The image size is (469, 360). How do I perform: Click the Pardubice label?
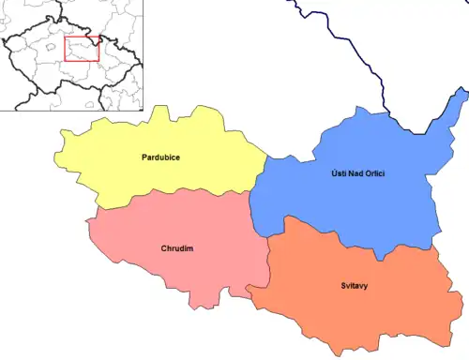point(161,157)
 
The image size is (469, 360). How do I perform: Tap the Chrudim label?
point(176,248)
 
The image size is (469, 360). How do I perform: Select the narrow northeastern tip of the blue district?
point(457,97)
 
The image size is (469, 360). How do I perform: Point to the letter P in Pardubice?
point(143,157)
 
